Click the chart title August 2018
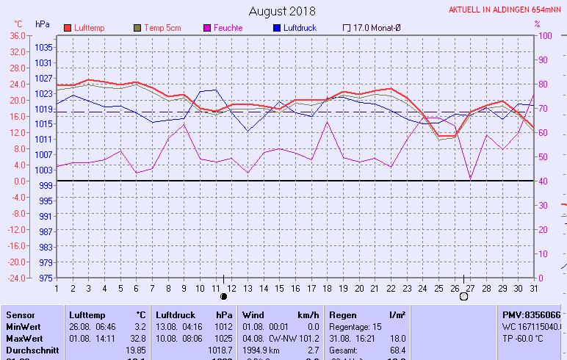[282, 11]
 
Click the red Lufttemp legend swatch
[68, 28]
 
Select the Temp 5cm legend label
[162, 28]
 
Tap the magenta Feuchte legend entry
[228, 28]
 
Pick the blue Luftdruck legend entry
[303, 28]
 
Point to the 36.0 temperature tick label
[17, 35]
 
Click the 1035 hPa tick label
[43, 47]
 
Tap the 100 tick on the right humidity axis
[546, 35]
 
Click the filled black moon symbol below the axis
[223, 297]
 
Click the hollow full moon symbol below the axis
[463, 297]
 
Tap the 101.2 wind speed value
[308, 339]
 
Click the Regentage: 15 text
[355, 327]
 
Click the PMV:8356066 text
[531, 314]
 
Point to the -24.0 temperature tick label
[15, 278]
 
